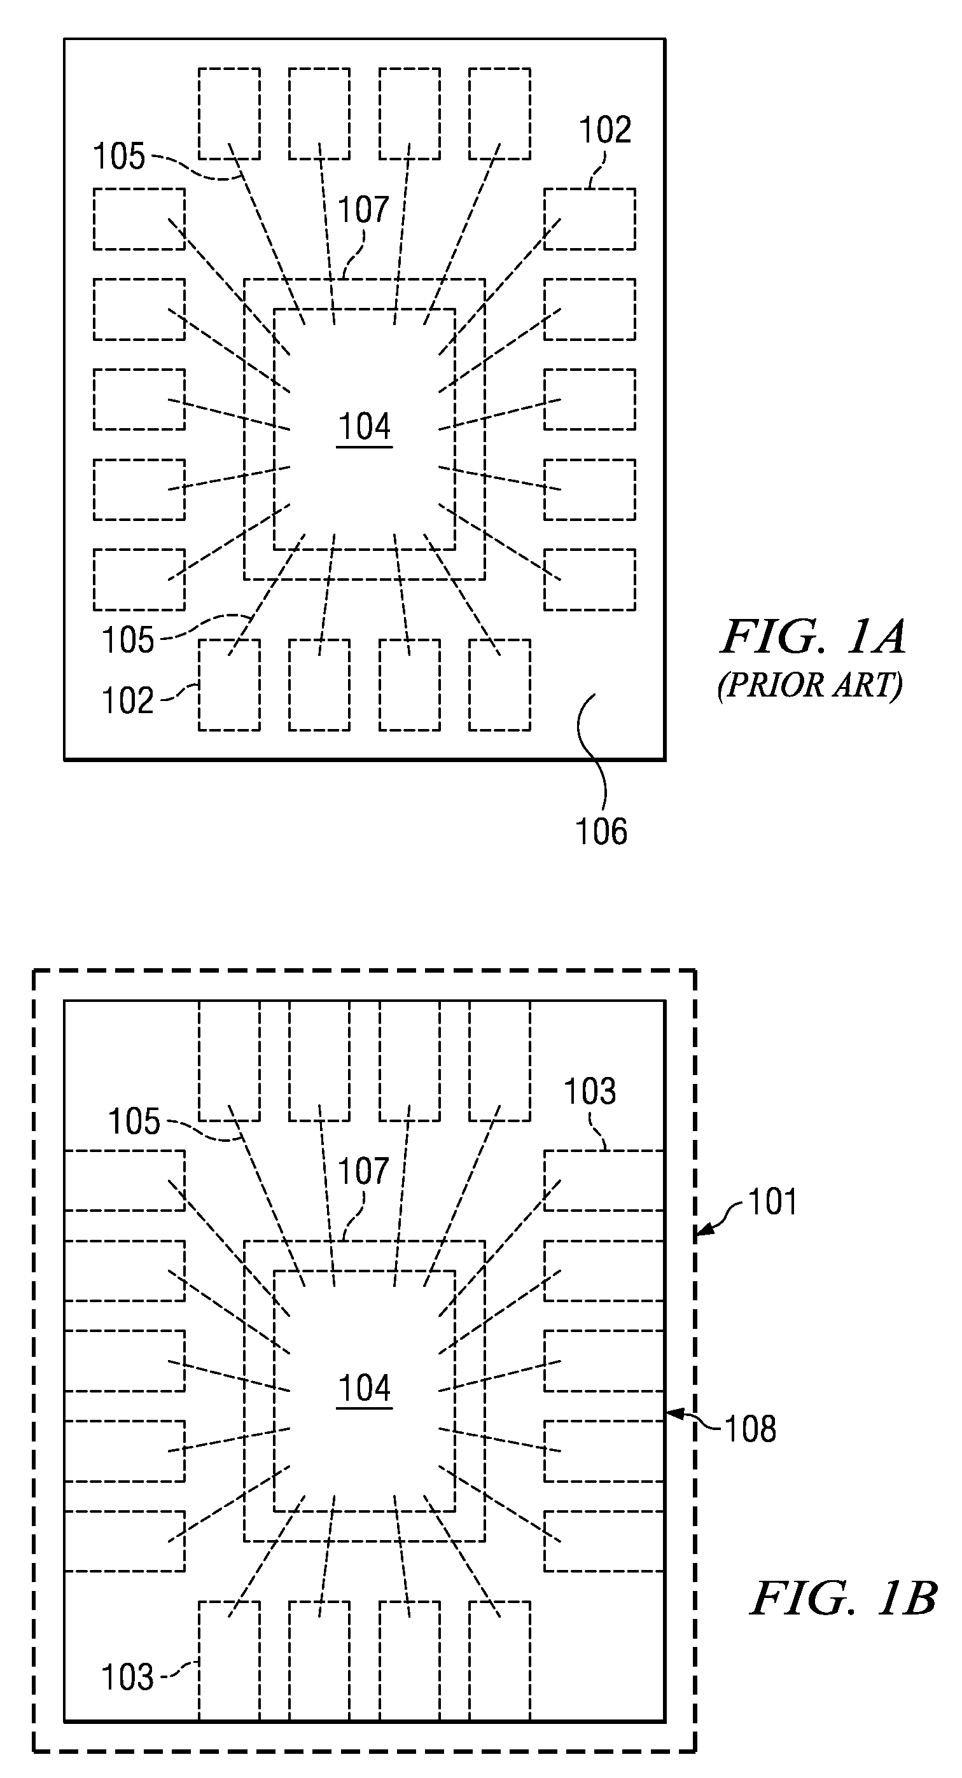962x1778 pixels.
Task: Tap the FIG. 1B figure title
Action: coord(843,1599)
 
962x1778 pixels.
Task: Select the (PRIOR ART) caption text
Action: coord(810,685)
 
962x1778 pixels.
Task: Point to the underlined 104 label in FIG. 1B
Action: coord(365,1388)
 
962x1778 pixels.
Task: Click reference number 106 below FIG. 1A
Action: coord(601,831)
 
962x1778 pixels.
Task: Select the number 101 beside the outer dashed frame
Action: coord(772,1202)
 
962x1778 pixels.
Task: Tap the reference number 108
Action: coord(750,1429)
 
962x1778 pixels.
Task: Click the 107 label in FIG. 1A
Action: coord(364,209)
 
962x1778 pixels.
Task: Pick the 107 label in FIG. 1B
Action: coord(364,1171)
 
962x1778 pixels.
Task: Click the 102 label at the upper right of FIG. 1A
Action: coord(605,130)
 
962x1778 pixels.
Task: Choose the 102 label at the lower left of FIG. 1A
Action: coord(128,700)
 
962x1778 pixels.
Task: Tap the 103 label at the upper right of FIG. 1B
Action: coord(590,1091)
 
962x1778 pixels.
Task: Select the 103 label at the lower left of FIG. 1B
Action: coord(128,1677)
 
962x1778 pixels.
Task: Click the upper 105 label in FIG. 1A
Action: coord(120,156)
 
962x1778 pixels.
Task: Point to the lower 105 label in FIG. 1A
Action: coord(128,640)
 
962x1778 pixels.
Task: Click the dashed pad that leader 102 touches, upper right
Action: coord(589,219)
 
